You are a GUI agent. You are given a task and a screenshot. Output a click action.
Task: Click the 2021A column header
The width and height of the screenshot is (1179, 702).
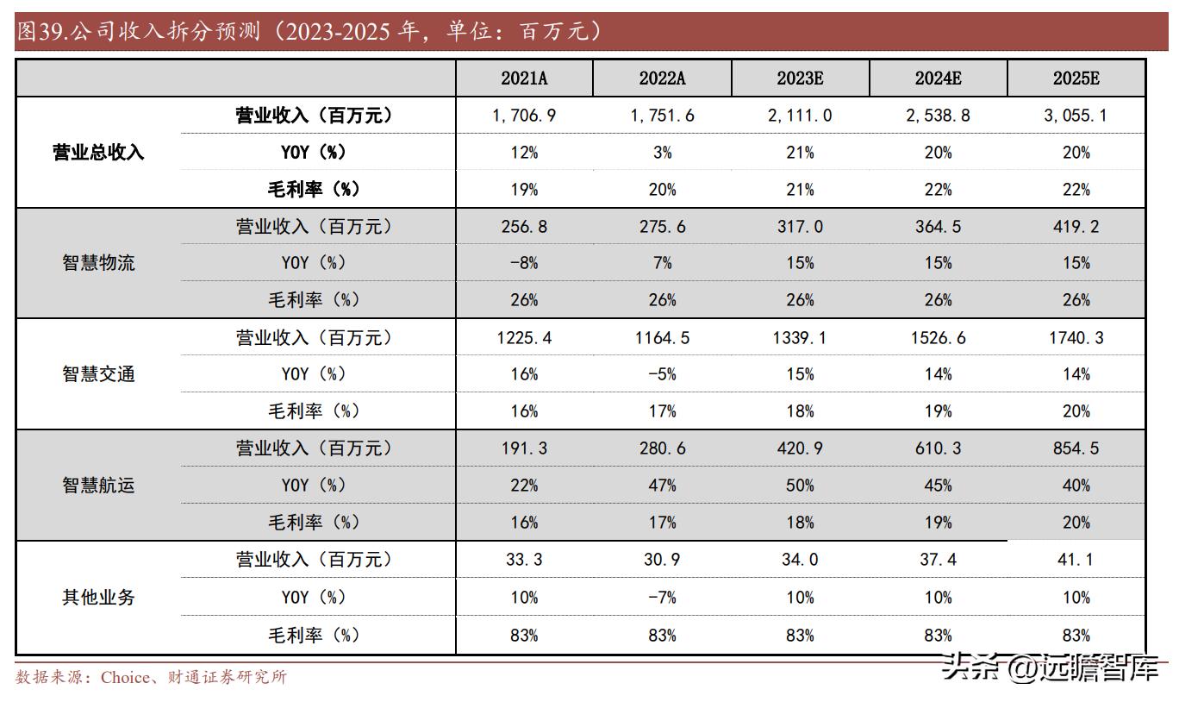tap(524, 78)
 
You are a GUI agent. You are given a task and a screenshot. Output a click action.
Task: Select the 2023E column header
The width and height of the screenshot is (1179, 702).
tap(800, 78)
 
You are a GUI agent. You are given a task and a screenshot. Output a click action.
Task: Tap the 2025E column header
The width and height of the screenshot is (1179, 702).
tap(1076, 78)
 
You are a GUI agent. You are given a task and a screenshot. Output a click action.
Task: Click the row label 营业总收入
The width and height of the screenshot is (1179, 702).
tap(98, 153)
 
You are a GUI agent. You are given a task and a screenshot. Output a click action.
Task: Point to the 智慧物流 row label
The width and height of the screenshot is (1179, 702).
tap(98, 263)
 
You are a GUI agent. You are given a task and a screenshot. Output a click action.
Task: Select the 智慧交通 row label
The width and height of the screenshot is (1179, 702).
tap(98, 374)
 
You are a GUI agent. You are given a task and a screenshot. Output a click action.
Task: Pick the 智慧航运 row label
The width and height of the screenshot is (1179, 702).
tap(98, 486)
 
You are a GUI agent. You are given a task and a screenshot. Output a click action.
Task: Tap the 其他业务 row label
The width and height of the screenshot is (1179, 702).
tap(98, 597)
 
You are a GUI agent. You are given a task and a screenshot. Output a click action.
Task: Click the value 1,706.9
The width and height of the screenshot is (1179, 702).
tap(524, 116)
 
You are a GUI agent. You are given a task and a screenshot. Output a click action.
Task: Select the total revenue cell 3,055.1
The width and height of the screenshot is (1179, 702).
tap(1076, 116)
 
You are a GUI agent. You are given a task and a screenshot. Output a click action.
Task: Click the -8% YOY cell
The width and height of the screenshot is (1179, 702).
tap(524, 263)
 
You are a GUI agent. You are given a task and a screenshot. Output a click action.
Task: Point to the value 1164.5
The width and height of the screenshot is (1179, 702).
tap(662, 338)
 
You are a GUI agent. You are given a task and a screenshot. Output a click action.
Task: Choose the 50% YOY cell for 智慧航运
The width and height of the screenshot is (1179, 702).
tap(800, 486)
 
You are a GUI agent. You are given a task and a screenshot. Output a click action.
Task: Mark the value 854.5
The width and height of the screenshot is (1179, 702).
tap(1076, 448)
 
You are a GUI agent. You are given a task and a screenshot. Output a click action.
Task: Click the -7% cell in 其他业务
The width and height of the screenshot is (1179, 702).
tap(662, 597)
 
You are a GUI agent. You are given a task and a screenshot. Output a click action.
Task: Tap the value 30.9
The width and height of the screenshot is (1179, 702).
tap(662, 560)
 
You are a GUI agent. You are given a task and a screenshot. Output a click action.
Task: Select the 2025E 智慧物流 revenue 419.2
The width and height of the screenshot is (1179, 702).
tap(1076, 227)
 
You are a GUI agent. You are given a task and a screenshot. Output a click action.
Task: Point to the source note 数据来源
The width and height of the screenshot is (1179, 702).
tap(151, 677)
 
